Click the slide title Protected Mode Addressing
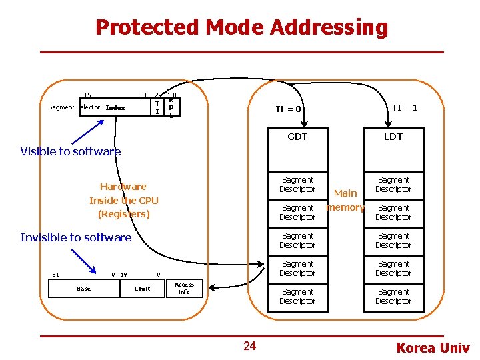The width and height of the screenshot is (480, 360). (241, 27)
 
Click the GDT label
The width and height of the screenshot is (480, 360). (297, 137)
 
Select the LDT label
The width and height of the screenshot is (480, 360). (393, 137)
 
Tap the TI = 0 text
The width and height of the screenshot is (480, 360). (289, 109)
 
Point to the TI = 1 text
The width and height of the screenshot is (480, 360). (405, 107)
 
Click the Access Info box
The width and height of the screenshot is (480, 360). (184, 288)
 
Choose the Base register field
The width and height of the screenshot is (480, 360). (83, 289)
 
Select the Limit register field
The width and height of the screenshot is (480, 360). (142, 289)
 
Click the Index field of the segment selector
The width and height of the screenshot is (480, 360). (115, 108)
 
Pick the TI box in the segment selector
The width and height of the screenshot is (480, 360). (157, 107)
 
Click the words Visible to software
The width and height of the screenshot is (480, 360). (71, 151)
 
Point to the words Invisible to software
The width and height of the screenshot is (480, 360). (76, 237)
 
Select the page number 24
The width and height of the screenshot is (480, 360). (249, 345)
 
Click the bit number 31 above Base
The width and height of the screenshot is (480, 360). (55, 274)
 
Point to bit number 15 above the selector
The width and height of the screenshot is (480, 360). (87, 95)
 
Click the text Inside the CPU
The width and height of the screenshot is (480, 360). (123, 200)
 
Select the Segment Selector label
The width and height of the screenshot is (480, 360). (74, 107)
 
